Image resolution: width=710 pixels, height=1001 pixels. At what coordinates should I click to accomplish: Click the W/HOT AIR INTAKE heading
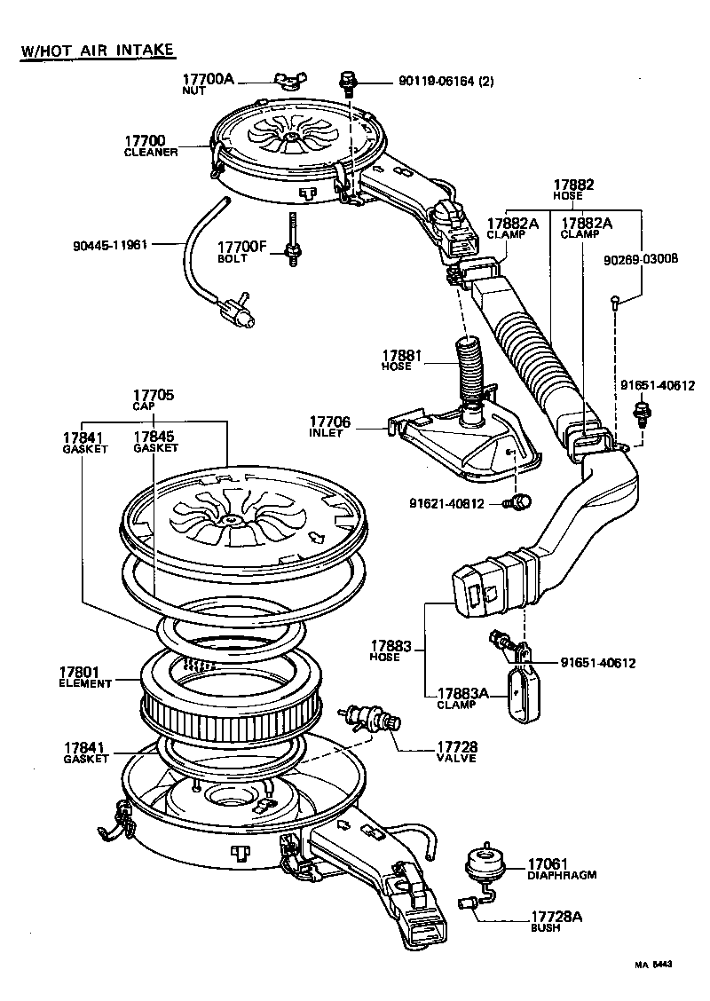97,49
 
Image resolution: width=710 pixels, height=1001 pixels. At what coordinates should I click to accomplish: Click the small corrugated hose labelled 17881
468,368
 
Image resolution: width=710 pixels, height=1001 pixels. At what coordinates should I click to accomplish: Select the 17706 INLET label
329,426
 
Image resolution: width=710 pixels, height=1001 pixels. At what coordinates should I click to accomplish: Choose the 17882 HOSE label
573,190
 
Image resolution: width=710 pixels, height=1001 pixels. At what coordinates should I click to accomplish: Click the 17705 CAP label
154,400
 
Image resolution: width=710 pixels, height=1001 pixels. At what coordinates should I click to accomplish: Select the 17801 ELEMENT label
85,677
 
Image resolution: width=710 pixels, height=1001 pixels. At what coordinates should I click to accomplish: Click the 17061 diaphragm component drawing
486,862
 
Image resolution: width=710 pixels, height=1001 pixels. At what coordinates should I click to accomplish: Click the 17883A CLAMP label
461,698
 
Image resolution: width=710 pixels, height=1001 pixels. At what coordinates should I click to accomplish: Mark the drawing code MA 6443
652,964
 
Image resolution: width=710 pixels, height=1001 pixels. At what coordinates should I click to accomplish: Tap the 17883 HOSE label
392,650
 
